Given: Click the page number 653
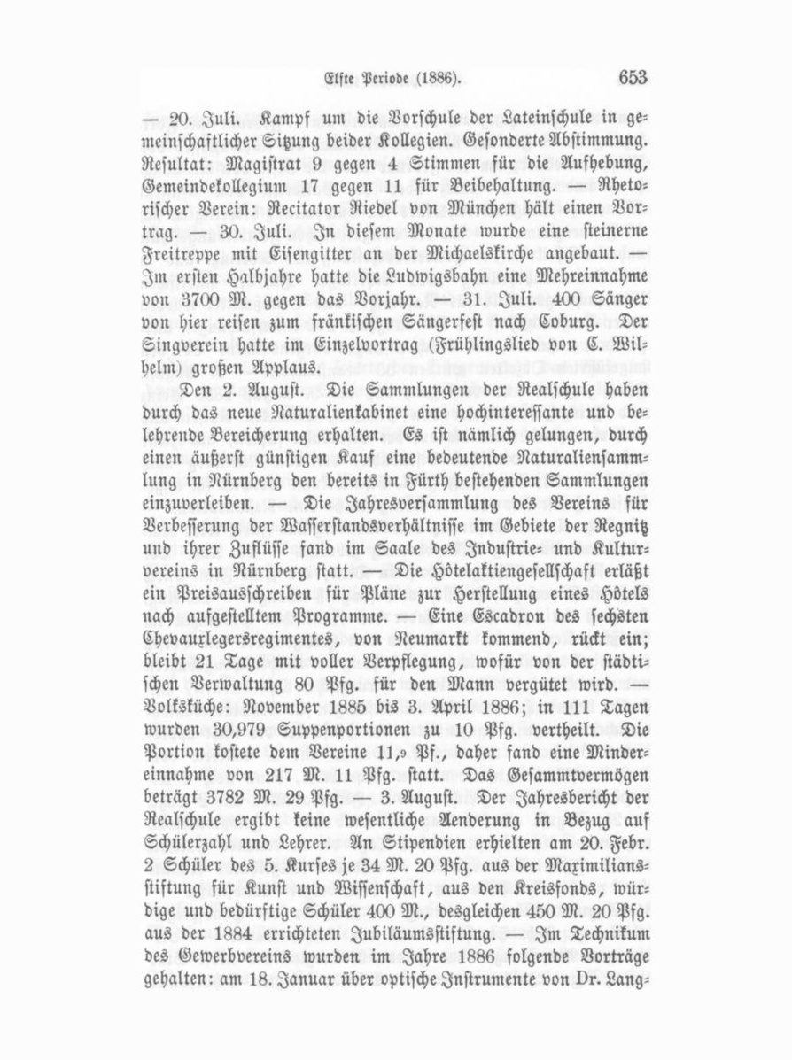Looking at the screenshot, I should [x=633, y=78].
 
